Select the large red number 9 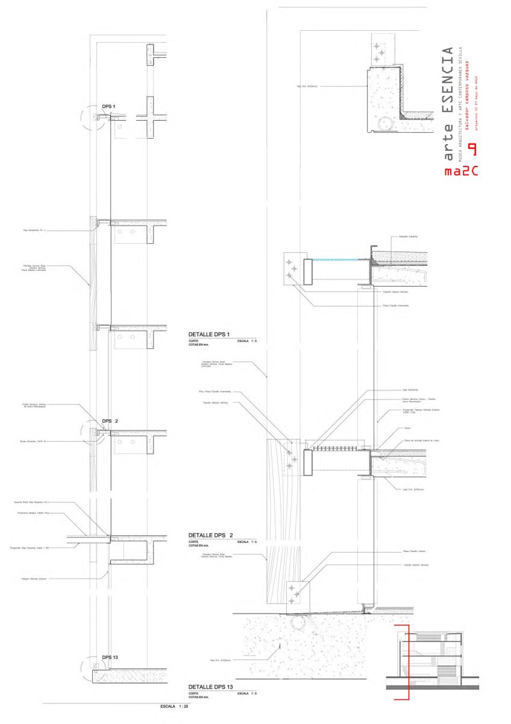pyautogui.click(x=473, y=150)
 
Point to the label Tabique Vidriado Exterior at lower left pyautogui.click(x=34, y=579)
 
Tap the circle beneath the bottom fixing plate pyautogui.click(x=298, y=621)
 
